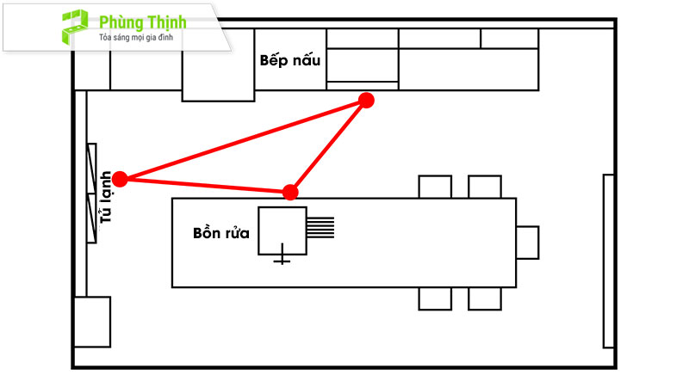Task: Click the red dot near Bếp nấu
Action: click(366, 101)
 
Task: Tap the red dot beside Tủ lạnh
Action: click(120, 179)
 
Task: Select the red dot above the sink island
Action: click(291, 191)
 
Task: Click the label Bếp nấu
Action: click(290, 60)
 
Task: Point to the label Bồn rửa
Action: click(221, 233)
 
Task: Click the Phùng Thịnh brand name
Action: click(143, 21)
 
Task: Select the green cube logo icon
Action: click(73, 27)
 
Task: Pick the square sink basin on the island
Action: click(282, 230)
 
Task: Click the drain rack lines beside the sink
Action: click(321, 226)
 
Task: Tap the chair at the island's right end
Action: click(527, 242)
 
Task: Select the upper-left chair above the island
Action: click(434, 187)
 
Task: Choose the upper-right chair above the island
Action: click(484, 187)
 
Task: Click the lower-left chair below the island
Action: click(434, 298)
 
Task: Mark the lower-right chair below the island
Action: click(484, 298)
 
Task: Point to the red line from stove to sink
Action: click(329, 145)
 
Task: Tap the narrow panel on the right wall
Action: click(607, 259)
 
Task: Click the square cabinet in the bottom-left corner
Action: click(92, 321)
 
